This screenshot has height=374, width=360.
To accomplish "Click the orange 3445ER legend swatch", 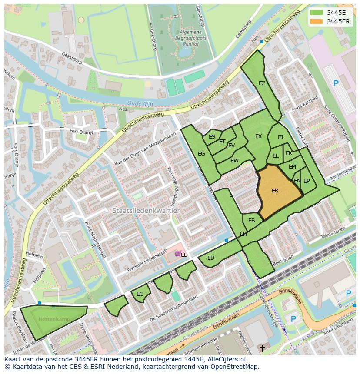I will (317, 21).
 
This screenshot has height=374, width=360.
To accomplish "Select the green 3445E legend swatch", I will (317, 13).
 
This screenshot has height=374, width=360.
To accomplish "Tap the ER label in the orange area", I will (275, 191).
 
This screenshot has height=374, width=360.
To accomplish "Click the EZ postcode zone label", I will (262, 83).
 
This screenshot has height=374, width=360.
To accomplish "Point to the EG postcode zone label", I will (201, 154).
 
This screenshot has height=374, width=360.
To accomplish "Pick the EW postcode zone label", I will (234, 161).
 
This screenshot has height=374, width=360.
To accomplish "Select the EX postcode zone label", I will (258, 136).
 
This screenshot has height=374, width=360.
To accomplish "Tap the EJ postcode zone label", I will (280, 137).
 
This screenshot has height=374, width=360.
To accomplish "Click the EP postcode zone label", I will (307, 181).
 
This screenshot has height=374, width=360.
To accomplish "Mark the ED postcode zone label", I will (211, 258).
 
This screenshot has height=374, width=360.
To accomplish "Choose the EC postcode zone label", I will (140, 294).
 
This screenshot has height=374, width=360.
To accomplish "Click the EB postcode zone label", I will (251, 221).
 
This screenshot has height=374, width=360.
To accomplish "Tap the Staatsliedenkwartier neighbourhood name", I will (146, 210).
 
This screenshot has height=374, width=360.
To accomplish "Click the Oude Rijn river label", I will (137, 103).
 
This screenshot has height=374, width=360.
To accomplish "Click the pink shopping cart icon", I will (177, 254).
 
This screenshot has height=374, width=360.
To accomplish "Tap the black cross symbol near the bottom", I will (262, 348).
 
